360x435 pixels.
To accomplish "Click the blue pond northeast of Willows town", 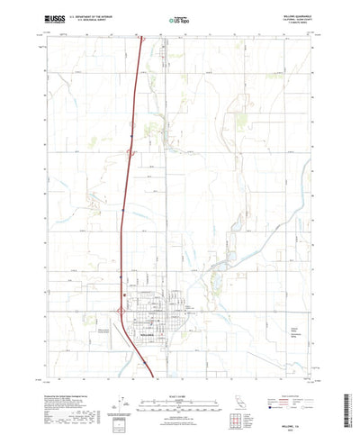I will click(218, 312).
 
